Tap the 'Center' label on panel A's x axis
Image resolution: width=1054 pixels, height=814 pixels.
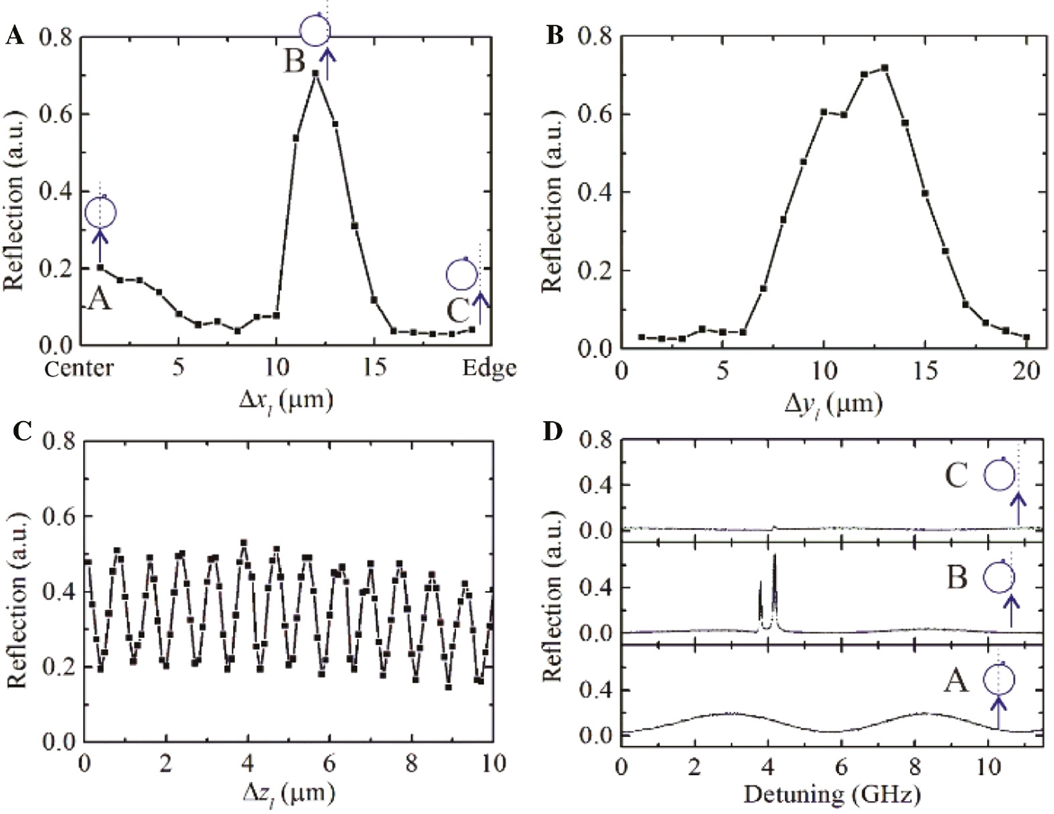(x=79, y=368)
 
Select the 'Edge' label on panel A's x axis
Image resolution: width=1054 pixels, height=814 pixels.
(x=490, y=368)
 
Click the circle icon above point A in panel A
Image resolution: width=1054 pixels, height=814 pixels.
(x=101, y=212)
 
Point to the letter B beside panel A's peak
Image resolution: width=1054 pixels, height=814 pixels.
(x=295, y=61)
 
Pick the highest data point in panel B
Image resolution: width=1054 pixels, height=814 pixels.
(x=885, y=68)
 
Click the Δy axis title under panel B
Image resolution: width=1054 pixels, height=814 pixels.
(x=832, y=402)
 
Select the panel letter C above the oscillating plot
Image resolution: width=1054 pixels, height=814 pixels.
(x=22, y=431)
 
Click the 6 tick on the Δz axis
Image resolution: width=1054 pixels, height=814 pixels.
(x=329, y=764)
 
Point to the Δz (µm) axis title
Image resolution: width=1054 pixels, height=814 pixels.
(x=287, y=793)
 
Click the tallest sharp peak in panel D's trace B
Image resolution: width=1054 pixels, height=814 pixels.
(x=775, y=556)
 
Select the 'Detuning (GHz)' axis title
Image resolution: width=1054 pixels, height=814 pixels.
(x=832, y=795)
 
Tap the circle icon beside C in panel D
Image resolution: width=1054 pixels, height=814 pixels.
(x=999, y=475)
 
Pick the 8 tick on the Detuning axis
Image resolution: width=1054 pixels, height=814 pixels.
(x=915, y=765)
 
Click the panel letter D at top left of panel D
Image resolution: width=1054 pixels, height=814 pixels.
(x=552, y=431)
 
